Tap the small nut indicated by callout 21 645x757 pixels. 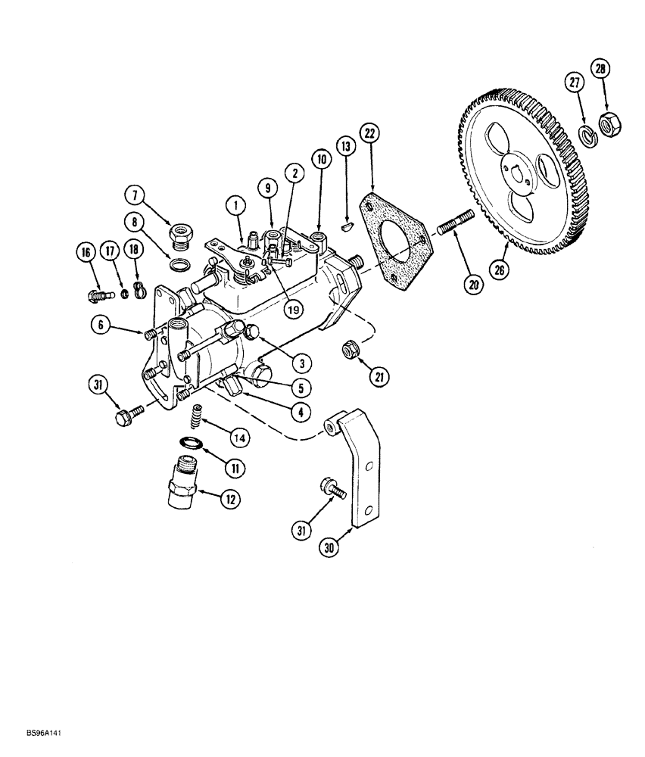click(352, 349)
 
